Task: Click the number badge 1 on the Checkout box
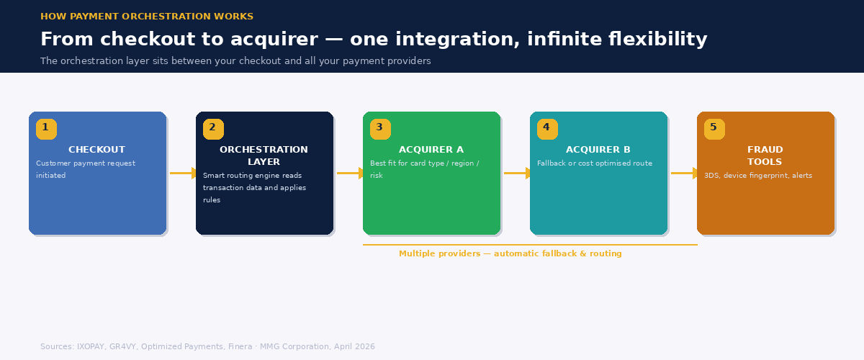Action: click(46, 129)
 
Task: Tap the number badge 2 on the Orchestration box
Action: click(213, 129)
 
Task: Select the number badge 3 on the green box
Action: click(380, 129)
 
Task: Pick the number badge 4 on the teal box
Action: click(547, 129)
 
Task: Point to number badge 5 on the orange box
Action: click(714, 129)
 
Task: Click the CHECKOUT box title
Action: click(96, 150)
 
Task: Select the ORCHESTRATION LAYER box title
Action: click(264, 156)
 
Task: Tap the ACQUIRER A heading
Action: click(431, 150)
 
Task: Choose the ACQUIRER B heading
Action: click(598, 150)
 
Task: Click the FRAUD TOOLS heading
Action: click(765, 156)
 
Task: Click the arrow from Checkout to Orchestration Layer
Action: click(183, 173)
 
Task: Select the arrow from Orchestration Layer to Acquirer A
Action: click(350, 173)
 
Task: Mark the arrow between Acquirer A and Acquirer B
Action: click(517, 173)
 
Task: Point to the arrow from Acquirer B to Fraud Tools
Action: click(684, 173)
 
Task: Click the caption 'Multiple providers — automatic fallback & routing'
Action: click(510, 253)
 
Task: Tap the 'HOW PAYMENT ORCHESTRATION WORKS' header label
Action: click(147, 17)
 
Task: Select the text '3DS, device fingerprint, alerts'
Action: click(757, 176)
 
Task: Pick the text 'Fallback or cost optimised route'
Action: click(595, 163)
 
